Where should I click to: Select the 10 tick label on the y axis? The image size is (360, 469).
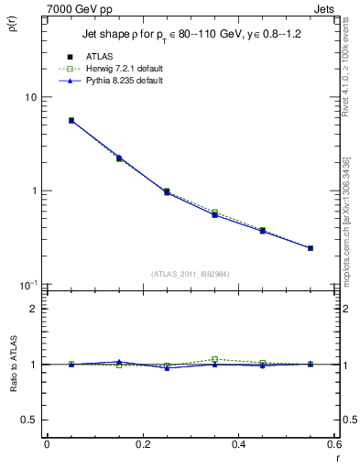point(29,97)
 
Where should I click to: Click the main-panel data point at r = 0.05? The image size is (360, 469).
point(71,120)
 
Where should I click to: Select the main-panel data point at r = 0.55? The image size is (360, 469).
point(311,248)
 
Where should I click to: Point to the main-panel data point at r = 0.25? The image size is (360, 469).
point(167,192)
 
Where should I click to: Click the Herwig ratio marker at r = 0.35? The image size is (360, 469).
point(215,359)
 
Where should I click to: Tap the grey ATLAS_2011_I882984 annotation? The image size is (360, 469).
point(191,273)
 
